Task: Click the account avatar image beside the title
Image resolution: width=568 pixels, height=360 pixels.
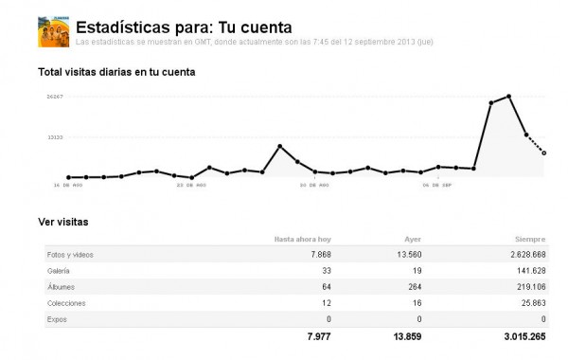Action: click(x=52, y=31)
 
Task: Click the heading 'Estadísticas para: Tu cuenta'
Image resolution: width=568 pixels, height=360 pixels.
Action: click(x=184, y=26)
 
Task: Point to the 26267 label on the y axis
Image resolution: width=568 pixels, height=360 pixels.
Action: click(x=55, y=97)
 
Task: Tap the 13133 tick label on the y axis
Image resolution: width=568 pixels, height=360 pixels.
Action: click(x=55, y=137)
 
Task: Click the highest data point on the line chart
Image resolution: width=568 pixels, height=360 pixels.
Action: click(x=509, y=97)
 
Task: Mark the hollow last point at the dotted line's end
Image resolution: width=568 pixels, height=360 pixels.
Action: click(x=544, y=153)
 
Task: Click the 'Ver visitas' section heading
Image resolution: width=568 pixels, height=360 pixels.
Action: click(x=62, y=221)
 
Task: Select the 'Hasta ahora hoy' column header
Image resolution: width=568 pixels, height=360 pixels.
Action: click(x=302, y=240)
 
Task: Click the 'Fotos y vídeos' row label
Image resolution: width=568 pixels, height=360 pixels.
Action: click(x=70, y=255)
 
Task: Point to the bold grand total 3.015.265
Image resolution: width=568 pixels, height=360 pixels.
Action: click(x=517, y=336)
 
